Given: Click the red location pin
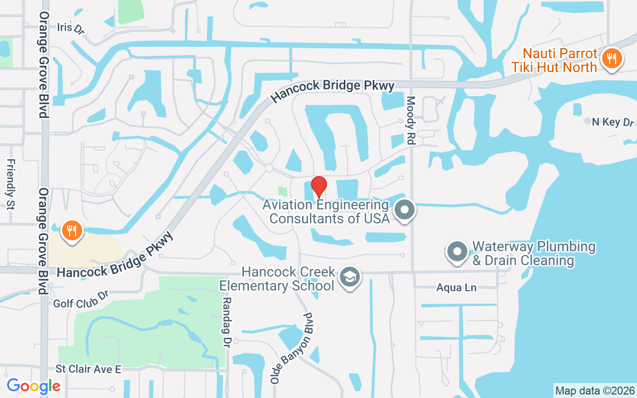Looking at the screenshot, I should click(319, 187).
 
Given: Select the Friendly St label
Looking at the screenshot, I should click(10, 184).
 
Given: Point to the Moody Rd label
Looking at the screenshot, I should click(411, 120).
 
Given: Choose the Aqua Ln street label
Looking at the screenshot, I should click(456, 288).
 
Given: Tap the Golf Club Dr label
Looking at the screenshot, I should click(81, 299).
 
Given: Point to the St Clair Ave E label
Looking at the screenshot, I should click(88, 369).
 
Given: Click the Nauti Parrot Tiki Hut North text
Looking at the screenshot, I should click(559, 60).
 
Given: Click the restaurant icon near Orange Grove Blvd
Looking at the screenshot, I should click(72, 231).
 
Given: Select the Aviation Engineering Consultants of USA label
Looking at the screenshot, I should click(326, 211).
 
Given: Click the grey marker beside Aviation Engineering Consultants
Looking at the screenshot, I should click(405, 210).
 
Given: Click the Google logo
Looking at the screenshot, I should click(33, 386).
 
